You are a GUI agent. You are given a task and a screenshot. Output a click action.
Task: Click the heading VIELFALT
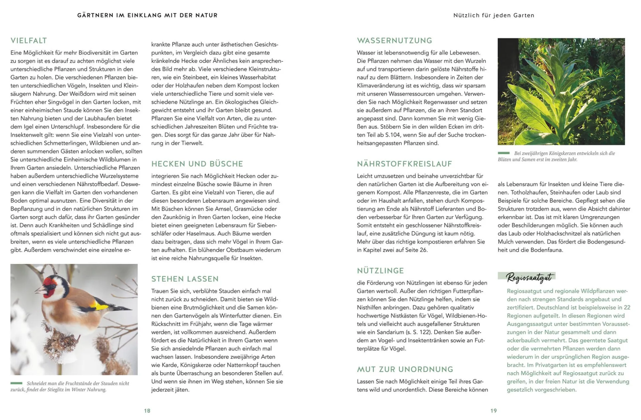pos(29,41)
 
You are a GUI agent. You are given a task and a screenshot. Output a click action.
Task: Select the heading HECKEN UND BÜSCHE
pos(197,164)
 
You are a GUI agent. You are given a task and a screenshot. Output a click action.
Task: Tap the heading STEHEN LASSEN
pos(185,279)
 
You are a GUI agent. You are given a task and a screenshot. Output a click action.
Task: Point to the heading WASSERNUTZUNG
pos(394,41)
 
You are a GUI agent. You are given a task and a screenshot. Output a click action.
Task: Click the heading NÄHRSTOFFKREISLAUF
pos(404,164)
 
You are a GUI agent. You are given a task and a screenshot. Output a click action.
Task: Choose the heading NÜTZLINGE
pos(380,271)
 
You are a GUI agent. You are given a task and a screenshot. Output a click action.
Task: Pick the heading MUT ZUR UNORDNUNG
pos(405,369)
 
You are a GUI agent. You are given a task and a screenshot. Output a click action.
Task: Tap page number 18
pos(147,411)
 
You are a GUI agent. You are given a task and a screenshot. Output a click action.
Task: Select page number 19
pos(493,411)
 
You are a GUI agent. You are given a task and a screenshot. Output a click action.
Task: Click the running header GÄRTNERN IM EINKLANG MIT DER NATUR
pos(147,15)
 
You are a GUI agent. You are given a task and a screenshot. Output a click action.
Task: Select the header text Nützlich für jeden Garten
pos(494,15)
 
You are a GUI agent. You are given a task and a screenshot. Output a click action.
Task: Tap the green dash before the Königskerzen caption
pos(504,153)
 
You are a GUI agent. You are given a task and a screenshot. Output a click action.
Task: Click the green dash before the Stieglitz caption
pos(16,383)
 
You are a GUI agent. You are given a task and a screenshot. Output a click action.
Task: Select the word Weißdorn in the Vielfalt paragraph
pos(81,94)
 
